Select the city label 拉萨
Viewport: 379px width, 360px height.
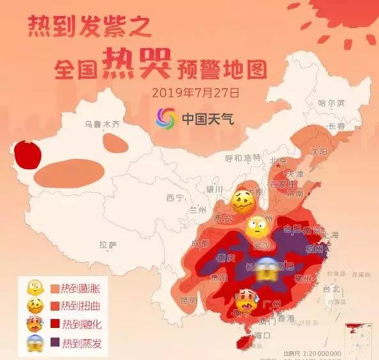coord(108,244)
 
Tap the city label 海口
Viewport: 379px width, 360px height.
coord(263,335)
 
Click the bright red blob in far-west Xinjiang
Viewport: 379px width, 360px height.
coord(26,154)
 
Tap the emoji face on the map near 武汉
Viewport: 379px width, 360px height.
coord(257,227)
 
